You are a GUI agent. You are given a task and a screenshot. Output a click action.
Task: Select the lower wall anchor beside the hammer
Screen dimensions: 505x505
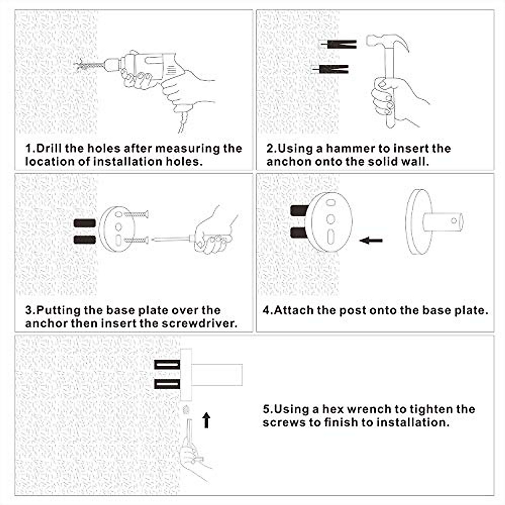click(330, 69)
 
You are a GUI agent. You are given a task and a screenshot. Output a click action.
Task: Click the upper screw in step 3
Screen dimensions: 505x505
click(136, 215)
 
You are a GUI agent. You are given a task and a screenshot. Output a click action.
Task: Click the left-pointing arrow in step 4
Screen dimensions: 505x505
click(371, 240)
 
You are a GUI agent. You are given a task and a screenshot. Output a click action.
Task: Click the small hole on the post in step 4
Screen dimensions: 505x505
click(454, 221)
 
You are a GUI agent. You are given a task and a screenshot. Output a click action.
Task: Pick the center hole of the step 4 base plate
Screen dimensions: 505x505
click(331, 219)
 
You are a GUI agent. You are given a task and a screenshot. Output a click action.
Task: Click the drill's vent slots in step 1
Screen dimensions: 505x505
click(171, 70)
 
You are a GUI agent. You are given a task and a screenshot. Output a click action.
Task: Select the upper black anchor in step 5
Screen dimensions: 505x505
click(167, 364)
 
